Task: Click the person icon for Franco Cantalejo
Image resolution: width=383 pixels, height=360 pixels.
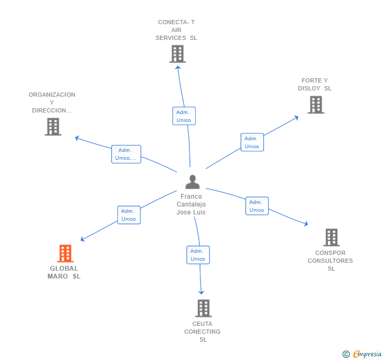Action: pyautogui.click(x=193, y=182)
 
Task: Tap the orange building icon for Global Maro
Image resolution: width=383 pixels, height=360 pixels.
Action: pyautogui.click(x=65, y=253)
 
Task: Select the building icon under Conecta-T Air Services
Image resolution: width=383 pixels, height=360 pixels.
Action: pyautogui.click(x=178, y=54)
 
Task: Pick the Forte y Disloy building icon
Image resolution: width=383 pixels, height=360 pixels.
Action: pyautogui.click(x=316, y=105)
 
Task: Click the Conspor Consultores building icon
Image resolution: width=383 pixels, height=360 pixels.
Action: pyautogui.click(x=331, y=237)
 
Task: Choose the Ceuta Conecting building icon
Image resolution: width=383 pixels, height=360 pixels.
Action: pyautogui.click(x=204, y=308)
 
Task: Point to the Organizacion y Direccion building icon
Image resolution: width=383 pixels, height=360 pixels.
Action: pyautogui.click(x=53, y=127)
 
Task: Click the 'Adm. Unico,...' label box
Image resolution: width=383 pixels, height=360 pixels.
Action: pyautogui.click(x=126, y=155)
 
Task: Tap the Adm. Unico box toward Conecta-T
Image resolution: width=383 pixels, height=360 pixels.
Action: pyautogui.click(x=184, y=116)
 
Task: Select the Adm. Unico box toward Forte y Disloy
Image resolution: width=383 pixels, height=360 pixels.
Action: pyautogui.click(x=252, y=142)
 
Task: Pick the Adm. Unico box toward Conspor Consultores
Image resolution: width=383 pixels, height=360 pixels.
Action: pyautogui.click(x=257, y=206)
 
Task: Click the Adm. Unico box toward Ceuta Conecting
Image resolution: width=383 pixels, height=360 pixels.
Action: pyautogui.click(x=198, y=255)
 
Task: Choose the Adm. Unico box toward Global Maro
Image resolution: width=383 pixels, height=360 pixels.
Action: pyautogui.click(x=129, y=215)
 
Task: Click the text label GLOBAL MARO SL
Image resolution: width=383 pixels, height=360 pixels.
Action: pyautogui.click(x=64, y=272)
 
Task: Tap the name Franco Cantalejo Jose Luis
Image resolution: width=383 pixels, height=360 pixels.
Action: pyautogui.click(x=191, y=204)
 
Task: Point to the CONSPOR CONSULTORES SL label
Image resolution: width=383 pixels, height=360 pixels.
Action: pyautogui.click(x=330, y=261)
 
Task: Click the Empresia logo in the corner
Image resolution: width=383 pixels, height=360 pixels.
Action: pyautogui.click(x=362, y=354)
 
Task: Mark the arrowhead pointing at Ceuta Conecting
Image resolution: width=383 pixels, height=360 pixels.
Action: pyautogui.click(x=201, y=292)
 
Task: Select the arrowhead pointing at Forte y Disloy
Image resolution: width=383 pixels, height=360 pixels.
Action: pyautogui.click(x=297, y=118)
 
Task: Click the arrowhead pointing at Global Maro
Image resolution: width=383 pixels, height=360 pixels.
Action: pyautogui.click(x=82, y=240)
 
